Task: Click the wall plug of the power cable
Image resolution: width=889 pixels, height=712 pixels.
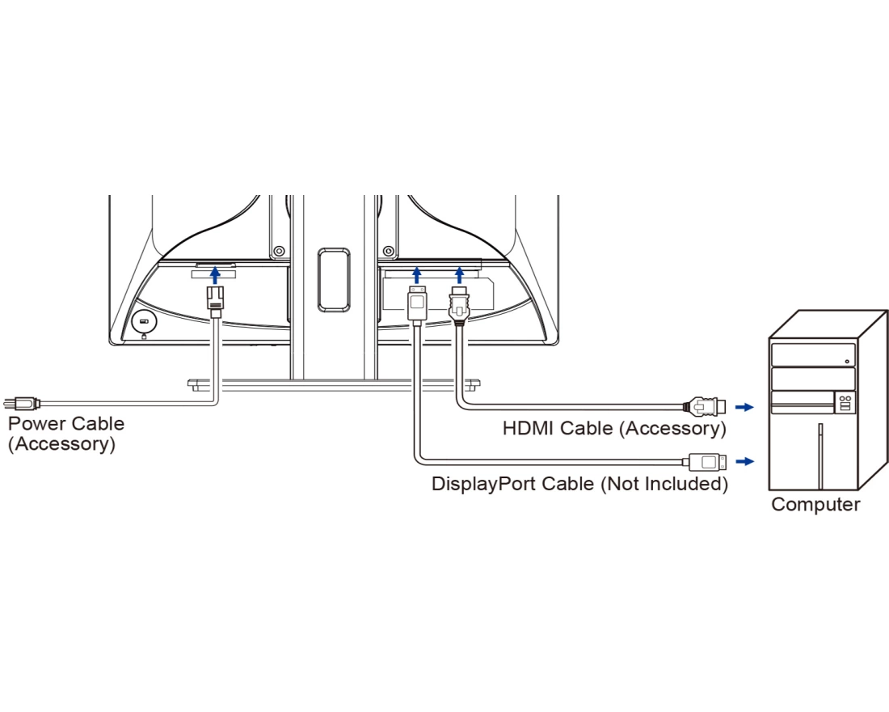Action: (19, 401)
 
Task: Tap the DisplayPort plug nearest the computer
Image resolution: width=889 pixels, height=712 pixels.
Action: (707, 462)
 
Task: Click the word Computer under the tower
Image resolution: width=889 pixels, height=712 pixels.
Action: (815, 505)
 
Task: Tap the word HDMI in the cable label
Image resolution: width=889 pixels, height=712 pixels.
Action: (529, 428)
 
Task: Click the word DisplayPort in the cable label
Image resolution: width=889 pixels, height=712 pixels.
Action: (482, 485)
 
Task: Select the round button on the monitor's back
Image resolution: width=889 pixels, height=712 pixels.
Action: (144, 322)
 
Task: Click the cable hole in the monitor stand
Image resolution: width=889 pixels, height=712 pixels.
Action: (333, 280)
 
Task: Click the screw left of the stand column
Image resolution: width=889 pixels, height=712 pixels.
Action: (278, 251)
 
